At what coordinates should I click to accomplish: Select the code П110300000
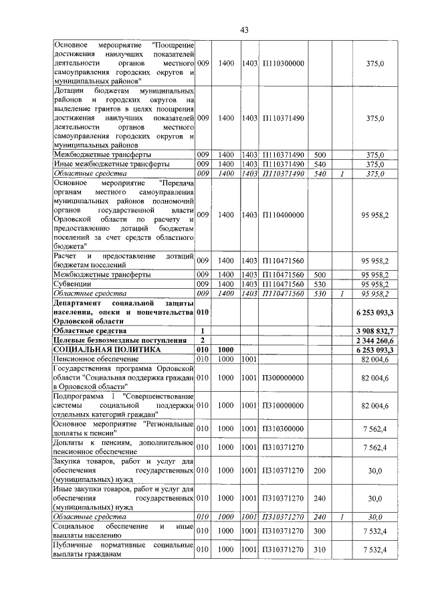point(284,63)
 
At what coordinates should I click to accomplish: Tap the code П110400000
point(284,215)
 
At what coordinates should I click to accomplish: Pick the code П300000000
point(284,378)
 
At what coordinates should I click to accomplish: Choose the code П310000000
point(284,406)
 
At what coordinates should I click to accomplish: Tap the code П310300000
point(284,429)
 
